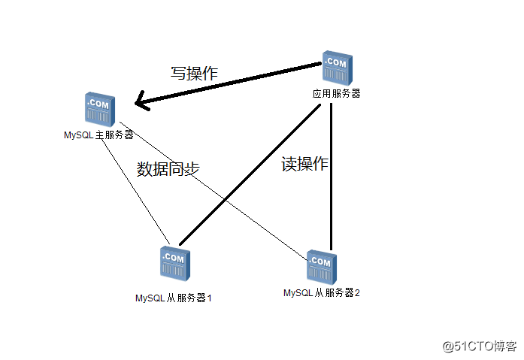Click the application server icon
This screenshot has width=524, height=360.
pyautogui.click(x=335, y=69)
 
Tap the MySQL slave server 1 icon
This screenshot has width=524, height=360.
pyautogui.click(x=174, y=264)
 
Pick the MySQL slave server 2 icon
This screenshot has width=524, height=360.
pyautogui.click(x=321, y=267)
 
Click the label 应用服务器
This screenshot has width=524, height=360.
pyautogui.click(x=336, y=94)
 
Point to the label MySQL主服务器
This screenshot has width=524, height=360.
pyautogui.click(x=98, y=135)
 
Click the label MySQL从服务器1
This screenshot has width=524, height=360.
pyautogui.click(x=173, y=298)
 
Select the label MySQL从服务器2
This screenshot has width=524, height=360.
pyautogui.click(x=321, y=292)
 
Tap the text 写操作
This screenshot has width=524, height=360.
pyautogui.click(x=194, y=74)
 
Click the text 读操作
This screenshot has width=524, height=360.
pyautogui.click(x=304, y=163)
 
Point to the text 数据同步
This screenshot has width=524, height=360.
pyautogui.click(x=168, y=169)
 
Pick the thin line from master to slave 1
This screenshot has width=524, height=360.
pyautogui.click(x=135, y=188)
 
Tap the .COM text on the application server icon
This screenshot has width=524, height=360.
pyautogui.click(x=336, y=63)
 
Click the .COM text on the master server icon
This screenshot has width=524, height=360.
pyautogui.click(x=99, y=103)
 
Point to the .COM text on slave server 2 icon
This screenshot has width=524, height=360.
pyautogui.click(x=321, y=261)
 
